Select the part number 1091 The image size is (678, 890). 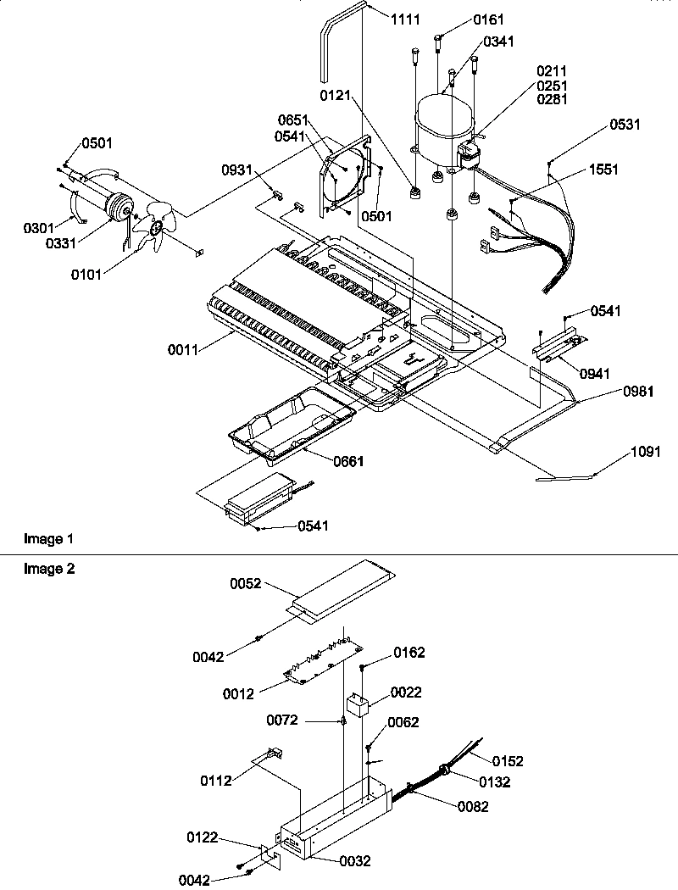[x=646, y=453]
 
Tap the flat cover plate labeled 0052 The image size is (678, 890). [x=343, y=587]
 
